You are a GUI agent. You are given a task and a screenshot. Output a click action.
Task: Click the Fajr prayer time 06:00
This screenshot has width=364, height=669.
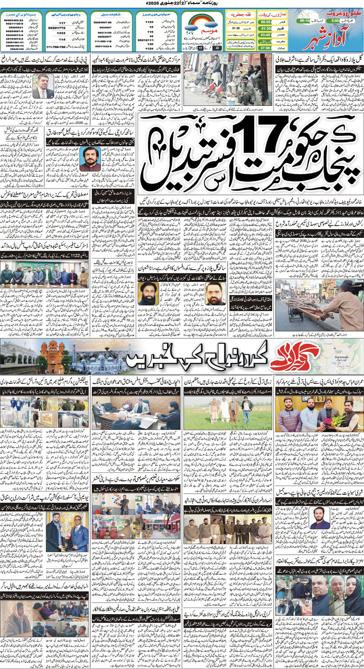click(265, 22)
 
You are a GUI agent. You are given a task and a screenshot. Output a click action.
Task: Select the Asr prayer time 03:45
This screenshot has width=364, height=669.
click(265, 35)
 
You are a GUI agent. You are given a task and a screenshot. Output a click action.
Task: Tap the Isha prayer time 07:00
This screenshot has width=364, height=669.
click(265, 48)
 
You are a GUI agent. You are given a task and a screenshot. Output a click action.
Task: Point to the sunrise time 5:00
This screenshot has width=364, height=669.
click(335, 21)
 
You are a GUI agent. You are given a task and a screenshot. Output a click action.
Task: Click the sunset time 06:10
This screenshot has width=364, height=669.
click(304, 21)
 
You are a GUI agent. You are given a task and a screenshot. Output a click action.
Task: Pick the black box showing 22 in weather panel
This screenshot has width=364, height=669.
click(217, 48)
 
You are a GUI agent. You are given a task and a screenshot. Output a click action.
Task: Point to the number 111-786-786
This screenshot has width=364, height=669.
click(56, 47)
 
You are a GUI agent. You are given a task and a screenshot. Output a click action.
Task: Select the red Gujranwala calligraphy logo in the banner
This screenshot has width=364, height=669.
click(291, 356)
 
